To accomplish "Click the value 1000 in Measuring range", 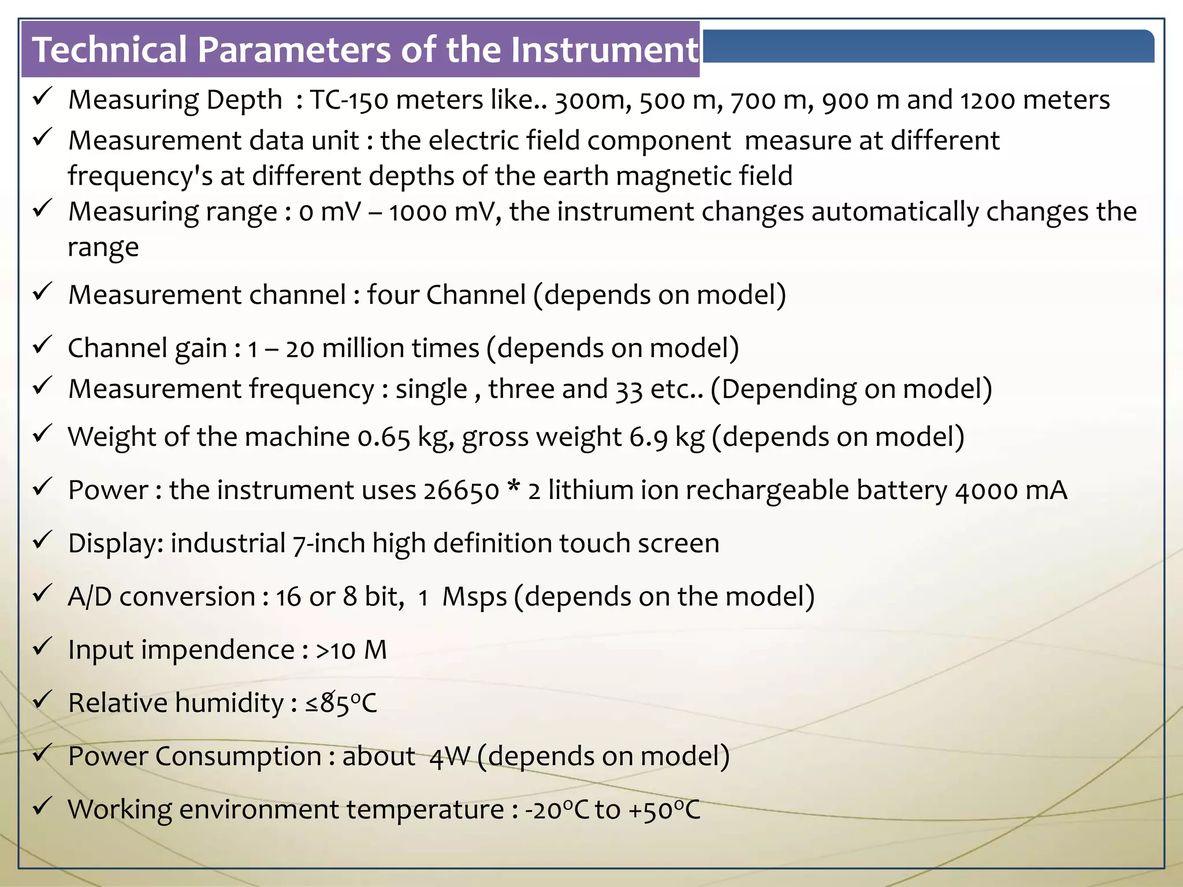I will (418, 212).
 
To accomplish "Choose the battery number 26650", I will (461, 490).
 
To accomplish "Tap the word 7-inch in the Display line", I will (328, 543).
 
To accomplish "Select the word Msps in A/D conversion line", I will (474, 597).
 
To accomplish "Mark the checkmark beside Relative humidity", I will (43, 699).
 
